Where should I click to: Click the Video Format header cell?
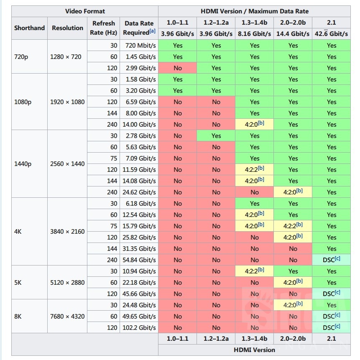coord(85,11)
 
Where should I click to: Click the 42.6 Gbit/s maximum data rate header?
coord(332,34)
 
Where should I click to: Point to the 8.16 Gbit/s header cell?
coord(255,34)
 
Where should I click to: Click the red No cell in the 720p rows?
coord(178,68)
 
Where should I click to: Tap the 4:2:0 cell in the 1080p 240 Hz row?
coord(255,124)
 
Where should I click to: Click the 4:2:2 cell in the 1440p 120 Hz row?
coord(255,169)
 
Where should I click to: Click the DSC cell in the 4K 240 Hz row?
coord(332,260)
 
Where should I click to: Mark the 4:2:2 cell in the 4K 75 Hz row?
coord(293,226)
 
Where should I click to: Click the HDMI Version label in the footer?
coord(255,350)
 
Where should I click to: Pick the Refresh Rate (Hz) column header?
coord(104,28)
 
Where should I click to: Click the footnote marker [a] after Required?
coord(153,31)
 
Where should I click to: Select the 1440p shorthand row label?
coord(23,164)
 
